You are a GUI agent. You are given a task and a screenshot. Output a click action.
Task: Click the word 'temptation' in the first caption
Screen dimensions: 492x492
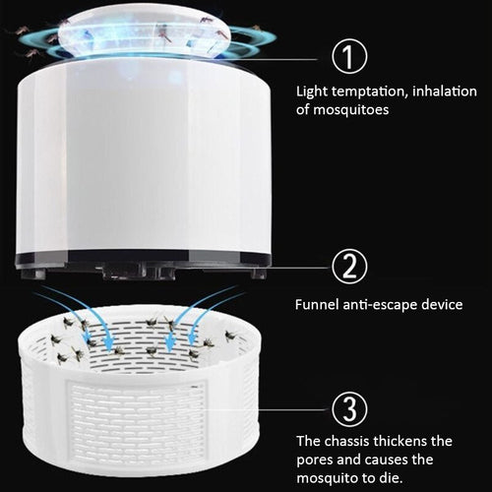tap(367, 92)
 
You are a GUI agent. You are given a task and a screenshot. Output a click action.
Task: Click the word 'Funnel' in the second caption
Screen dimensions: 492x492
tap(318, 304)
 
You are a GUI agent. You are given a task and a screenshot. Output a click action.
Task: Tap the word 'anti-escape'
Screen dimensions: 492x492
tap(380, 304)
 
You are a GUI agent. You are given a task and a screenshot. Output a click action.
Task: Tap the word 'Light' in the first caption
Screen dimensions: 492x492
tap(312, 92)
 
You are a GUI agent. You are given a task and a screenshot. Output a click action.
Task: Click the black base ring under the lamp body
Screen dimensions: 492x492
tap(143, 264)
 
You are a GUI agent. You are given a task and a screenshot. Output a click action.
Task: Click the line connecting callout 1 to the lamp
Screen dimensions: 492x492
tap(295, 56)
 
